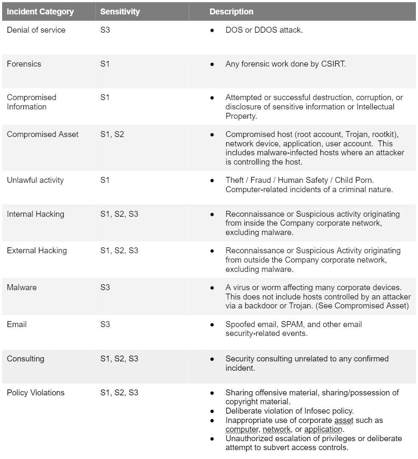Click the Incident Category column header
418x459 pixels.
tap(40, 11)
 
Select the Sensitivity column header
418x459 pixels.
tap(120, 11)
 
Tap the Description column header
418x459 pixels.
tap(231, 11)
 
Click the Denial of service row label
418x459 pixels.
tap(36, 30)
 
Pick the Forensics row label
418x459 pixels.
tap(24, 64)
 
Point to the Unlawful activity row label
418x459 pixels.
tap(35, 180)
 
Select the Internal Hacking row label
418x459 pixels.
tap(35, 214)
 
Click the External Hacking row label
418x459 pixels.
tap(36, 250)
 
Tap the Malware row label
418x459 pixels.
tap(22, 287)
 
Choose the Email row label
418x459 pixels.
tap(17, 324)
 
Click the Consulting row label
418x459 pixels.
tap(25, 358)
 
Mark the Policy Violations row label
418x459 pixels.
tap(36, 392)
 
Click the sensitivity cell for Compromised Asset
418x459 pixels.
tap(112, 134)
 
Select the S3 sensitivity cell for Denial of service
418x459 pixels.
tap(105, 30)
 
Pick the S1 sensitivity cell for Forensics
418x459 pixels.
tap(105, 64)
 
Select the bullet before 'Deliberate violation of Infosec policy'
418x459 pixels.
tap(212, 411)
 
